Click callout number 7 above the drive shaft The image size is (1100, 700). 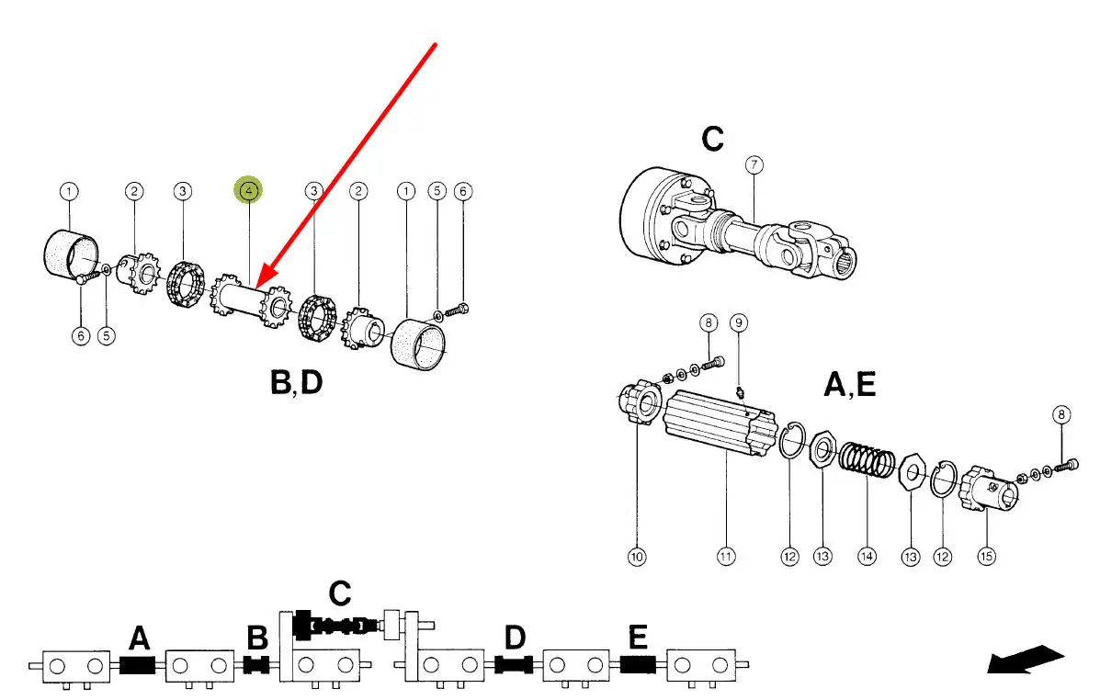tap(754, 165)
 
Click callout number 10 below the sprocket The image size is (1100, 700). tap(637, 556)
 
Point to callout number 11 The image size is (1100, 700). tap(726, 556)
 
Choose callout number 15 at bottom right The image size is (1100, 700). tap(986, 556)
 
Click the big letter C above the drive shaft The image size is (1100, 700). tap(712, 140)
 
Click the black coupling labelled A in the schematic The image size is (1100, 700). tap(137, 664)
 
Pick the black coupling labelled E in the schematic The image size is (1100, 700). tap(638, 664)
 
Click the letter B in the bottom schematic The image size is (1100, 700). tap(257, 637)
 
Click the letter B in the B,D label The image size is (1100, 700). tap(279, 381)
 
